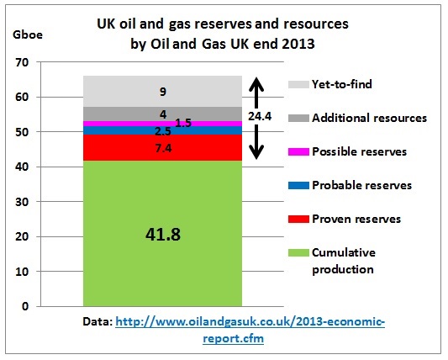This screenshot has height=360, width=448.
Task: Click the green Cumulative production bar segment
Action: pyautogui.click(x=162, y=233)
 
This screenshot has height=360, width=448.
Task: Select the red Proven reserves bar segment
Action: pyautogui.click(x=162, y=147)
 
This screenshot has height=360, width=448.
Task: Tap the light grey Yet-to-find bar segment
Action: pyautogui.click(x=162, y=91)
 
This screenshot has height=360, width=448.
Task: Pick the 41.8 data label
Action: pyautogui.click(x=163, y=235)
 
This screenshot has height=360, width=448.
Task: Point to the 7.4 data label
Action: pyautogui.click(x=163, y=148)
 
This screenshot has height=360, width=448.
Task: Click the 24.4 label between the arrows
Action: pyautogui.click(x=260, y=116)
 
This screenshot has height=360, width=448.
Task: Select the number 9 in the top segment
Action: pyautogui.click(x=163, y=92)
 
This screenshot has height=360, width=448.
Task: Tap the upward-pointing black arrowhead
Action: pyautogui.click(x=256, y=84)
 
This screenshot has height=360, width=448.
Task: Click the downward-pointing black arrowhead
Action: pyautogui.click(x=256, y=152)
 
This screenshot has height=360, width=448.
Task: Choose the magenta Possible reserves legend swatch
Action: pyautogui.click(x=298, y=151)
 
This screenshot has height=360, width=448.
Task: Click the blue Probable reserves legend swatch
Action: pyautogui.click(x=298, y=185)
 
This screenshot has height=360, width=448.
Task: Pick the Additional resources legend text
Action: pyautogui.click(x=370, y=118)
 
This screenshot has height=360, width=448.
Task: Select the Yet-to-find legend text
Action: pyautogui.click(x=342, y=84)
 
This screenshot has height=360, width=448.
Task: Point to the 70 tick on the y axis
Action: pyautogui.click(x=22, y=62)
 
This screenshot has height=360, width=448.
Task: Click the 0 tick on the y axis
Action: pyautogui.click(x=25, y=306)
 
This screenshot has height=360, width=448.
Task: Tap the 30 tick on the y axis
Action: pyautogui.click(x=22, y=202)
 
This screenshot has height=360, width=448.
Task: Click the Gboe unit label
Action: pyautogui.click(x=28, y=34)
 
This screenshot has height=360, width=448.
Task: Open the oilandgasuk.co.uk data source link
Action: pyautogui.click(x=250, y=330)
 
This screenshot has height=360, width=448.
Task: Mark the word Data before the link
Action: pyautogui.click(x=98, y=321)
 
